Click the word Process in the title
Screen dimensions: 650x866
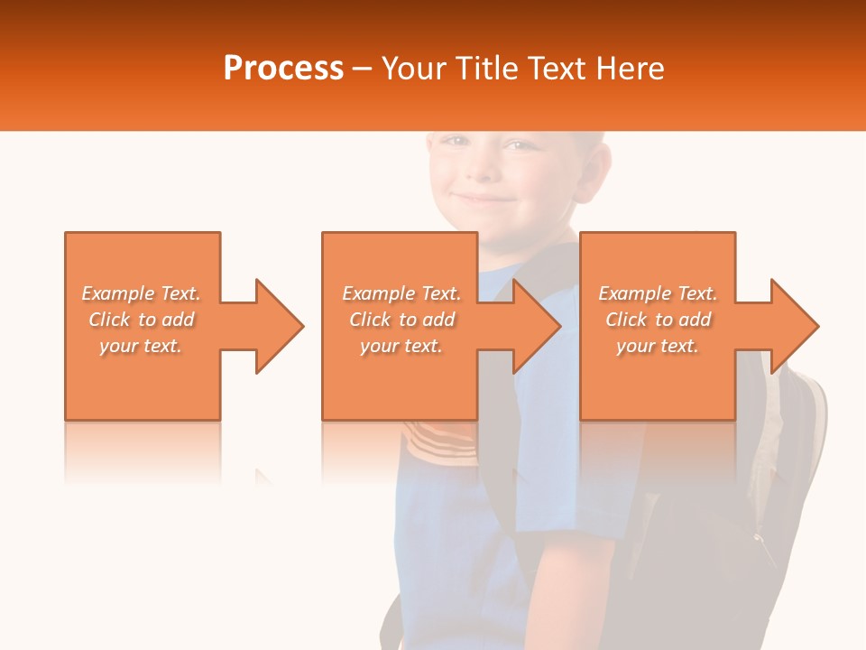pos(283,69)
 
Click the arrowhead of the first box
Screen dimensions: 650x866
pos(280,326)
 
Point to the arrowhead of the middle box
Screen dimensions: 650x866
pos(538,326)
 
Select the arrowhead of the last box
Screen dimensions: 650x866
pos(796,326)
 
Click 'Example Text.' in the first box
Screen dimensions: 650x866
pos(141,293)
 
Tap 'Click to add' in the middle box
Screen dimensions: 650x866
pos(401,320)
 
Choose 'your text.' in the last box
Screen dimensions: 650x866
pos(658,346)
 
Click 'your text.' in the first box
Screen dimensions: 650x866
pos(141,346)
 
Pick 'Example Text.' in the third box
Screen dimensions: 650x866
pos(658,293)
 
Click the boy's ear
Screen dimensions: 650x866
pos(590,167)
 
